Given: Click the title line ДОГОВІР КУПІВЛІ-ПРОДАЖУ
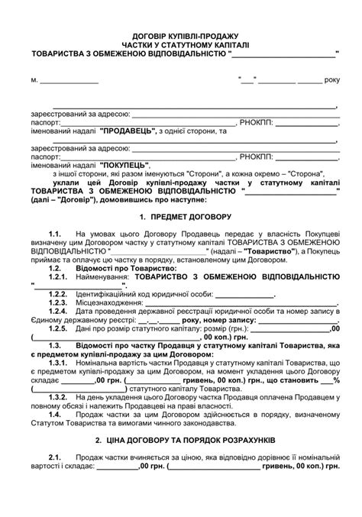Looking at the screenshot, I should click(x=181, y=36).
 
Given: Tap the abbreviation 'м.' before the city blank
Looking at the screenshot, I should click(x=34, y=79).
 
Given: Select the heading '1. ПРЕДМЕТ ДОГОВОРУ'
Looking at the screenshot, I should click(x=181, y=217).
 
